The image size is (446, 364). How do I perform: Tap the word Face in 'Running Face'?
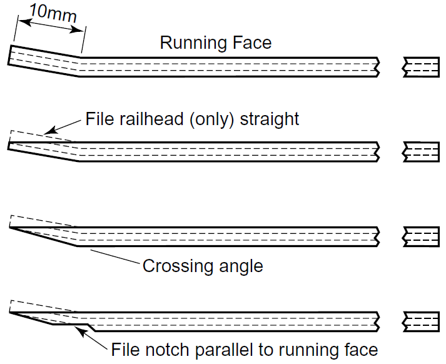coord(251,43)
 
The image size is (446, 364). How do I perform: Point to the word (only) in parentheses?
coord(213,119)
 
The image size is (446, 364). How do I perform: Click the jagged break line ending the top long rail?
coord(377,66)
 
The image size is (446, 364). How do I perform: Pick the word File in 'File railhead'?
coord(98,119)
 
